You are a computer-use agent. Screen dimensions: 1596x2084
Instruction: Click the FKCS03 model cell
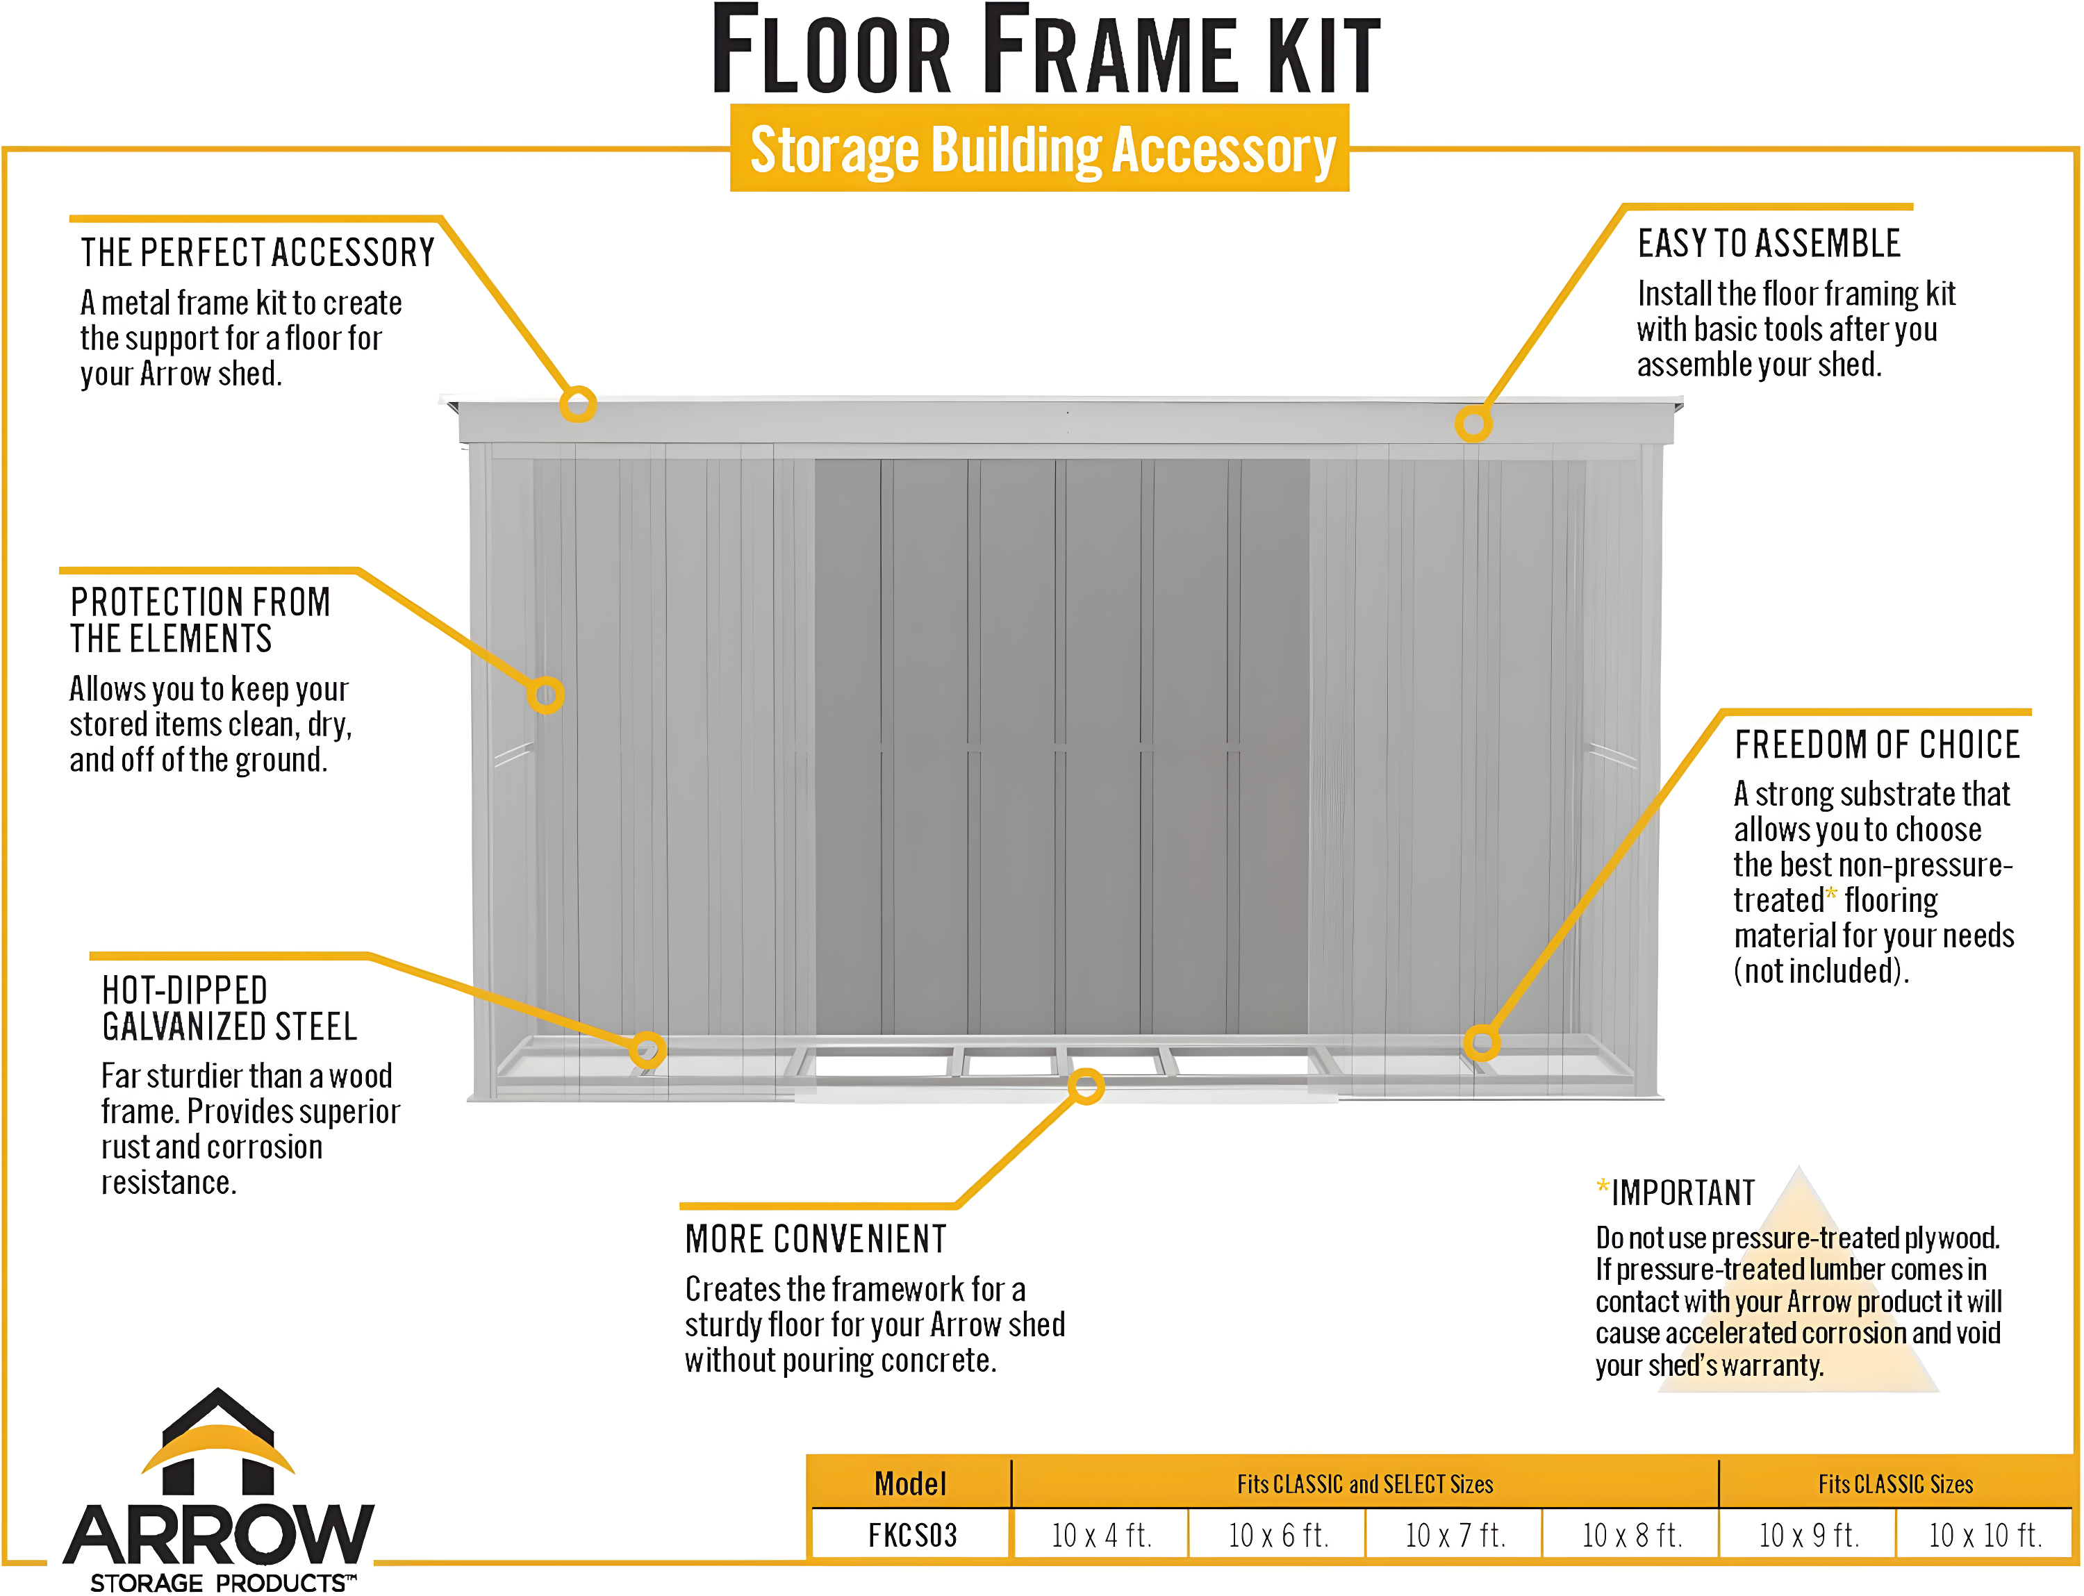pyautogui.click(x=911, y=1535)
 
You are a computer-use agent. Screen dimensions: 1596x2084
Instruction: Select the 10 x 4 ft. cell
pyautogui.click(x=1100, y=1535)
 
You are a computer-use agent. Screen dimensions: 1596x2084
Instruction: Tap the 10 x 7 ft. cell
pyautogui.click(x=1454, y=1535)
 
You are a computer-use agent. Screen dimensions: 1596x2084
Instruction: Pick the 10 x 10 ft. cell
pyautogui.click(x=1984, y=1535)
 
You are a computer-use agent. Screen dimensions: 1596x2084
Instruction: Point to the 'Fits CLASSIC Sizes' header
pyautogui.click(x=1895, y=1484)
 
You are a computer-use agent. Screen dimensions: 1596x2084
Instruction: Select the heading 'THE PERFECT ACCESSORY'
pyautogui.click(x=256, y=253)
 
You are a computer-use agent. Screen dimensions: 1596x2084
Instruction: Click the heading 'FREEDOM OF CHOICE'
pyautogui.click(x=1877, y=744)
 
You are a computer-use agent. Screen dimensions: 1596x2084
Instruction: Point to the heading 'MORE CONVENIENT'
pyautogui.click(x=816, y=1239)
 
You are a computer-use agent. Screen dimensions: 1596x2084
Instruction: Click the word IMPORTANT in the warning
pyautogui.click(x=1682, y=1192)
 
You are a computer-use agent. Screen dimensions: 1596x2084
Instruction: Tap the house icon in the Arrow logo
pyautogui.click(x=219, y=1442)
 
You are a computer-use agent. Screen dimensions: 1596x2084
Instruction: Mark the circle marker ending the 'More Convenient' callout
pyautogui.click(x=1086, y=1086)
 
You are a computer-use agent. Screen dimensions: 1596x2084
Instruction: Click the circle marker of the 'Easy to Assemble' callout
pyautogui.click(x=1473, y=424)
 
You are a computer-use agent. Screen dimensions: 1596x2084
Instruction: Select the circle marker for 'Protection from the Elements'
pyautogui.click(x=547, y=695)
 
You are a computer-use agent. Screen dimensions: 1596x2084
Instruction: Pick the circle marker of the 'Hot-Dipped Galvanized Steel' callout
pyautogui.click(x=647, y=1049)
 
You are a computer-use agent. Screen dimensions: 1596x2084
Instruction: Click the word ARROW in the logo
pyautogui.click(x=219, y=1535)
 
